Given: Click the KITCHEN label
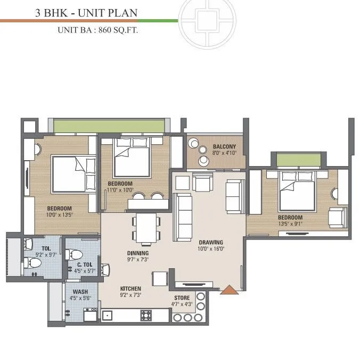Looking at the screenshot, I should [130, 288].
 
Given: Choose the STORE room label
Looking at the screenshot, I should [182, 298].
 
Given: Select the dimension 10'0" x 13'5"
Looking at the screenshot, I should [60, 215].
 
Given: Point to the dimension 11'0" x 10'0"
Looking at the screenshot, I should [119, 189].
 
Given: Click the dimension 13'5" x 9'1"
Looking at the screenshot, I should [290, 224].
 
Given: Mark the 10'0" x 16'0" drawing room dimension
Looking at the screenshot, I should [207, 249].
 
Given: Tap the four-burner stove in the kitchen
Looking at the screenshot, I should [146, 315].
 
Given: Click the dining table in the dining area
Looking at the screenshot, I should [145, 228].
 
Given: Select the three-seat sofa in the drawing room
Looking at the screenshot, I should [184, 210].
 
